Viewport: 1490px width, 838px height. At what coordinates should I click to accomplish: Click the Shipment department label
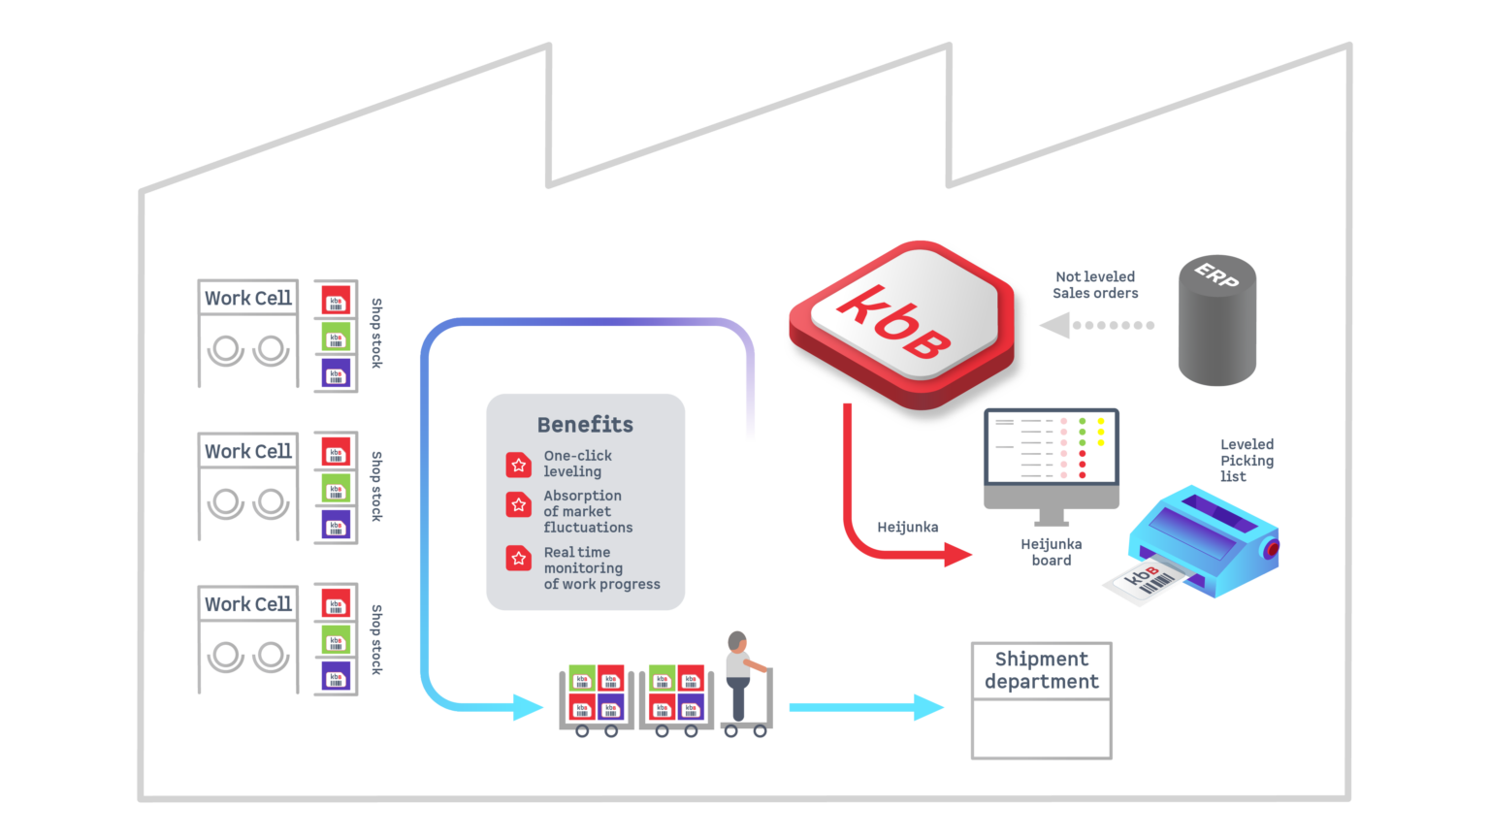pos(1041,670)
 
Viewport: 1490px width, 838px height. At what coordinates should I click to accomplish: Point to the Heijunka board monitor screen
pos(1052,447)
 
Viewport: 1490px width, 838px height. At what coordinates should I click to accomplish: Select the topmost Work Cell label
pos(248,298)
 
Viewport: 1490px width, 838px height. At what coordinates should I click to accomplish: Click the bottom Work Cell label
pos(248,604)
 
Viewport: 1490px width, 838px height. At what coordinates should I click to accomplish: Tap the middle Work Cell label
pos(248,451)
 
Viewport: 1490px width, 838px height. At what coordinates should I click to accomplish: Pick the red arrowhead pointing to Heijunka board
pos(958,555)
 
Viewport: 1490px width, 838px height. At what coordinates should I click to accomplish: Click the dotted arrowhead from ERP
pos(1054,325)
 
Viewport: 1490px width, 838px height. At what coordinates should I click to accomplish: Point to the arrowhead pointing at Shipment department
pos(929,707)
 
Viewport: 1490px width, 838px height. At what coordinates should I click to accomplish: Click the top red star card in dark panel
pos(518,466)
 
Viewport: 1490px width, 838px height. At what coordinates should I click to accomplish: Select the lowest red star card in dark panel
pos(518,558)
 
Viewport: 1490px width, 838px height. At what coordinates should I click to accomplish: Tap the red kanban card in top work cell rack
pos(336,300)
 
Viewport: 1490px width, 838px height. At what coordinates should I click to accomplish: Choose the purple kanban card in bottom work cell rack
pos(336,676)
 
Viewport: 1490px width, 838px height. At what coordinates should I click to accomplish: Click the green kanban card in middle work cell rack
pos(336,488)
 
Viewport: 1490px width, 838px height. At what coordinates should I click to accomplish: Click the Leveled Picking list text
pos(1247,460)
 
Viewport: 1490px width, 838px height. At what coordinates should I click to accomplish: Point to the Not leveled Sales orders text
pos(1095,284)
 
